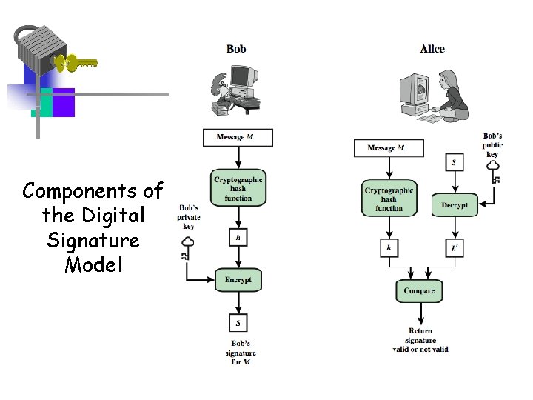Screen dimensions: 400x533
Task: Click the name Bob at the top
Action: pos(236,49)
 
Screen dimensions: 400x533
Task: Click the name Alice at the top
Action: pos(432,49)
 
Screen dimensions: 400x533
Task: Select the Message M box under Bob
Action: pos(238,138)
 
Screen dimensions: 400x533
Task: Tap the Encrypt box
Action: pos(238,281)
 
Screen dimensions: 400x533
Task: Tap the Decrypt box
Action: pos(455,204)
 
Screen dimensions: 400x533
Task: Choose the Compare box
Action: pos(419,290)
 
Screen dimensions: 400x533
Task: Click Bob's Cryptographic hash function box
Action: pos(238,189)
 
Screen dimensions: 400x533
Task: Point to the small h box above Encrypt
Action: pos(238,238)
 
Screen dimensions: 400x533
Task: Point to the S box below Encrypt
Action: pos(238,323)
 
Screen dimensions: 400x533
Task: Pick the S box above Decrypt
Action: pos(454,162)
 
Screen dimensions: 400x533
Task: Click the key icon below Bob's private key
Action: pos(188,248)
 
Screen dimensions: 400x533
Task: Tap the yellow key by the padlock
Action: pos(77,63)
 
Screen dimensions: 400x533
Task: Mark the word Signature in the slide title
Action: pos(93,241)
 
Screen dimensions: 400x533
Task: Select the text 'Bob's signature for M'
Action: pos(240,353)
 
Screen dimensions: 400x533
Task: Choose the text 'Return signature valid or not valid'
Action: pos(420,340)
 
